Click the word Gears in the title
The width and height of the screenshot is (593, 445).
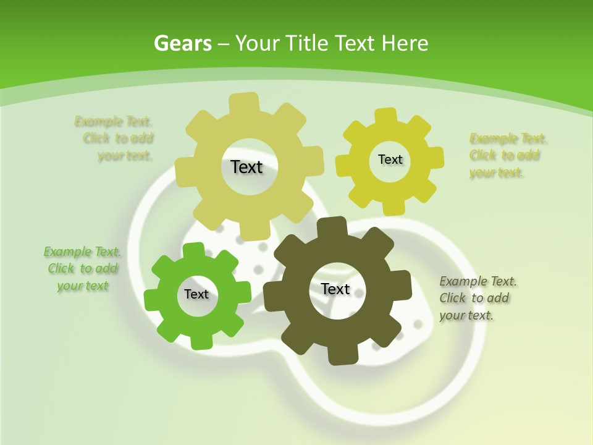coord(183,43)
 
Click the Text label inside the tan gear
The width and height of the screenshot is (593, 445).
coord(246,167)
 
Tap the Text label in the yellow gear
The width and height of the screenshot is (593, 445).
coord(390,159)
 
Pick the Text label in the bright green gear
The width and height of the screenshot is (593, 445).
coord(196,294)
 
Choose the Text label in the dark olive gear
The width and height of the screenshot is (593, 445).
coord(335,289)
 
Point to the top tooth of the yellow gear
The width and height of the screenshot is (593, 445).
coord(386,116)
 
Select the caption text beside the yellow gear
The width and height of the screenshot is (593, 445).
coord(507,155)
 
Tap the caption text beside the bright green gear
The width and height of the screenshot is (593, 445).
coord(82,269)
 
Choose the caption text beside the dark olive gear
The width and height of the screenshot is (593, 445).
coord(477,298)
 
